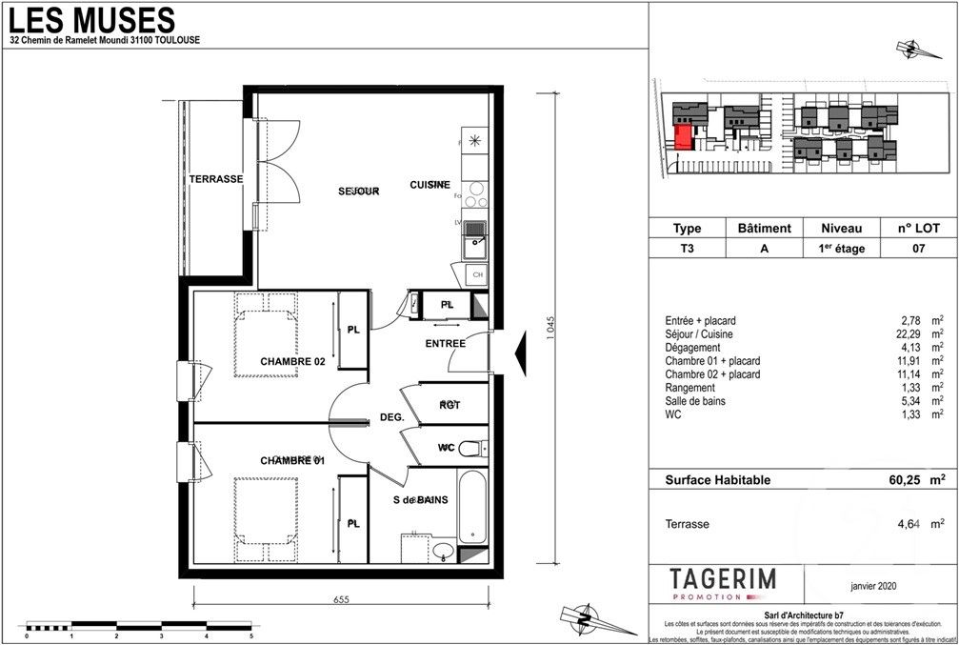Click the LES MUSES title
tap(91, 18)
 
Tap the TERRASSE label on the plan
tap(216, 179)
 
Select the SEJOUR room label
tap(359, 191)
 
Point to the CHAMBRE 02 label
tap(292, 362)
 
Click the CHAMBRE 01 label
tap(292, 461)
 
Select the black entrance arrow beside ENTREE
tap(521, 356)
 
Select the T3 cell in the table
tap(687, 248)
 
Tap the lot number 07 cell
tap(919, 248)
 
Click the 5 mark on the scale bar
tap(250, 635)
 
